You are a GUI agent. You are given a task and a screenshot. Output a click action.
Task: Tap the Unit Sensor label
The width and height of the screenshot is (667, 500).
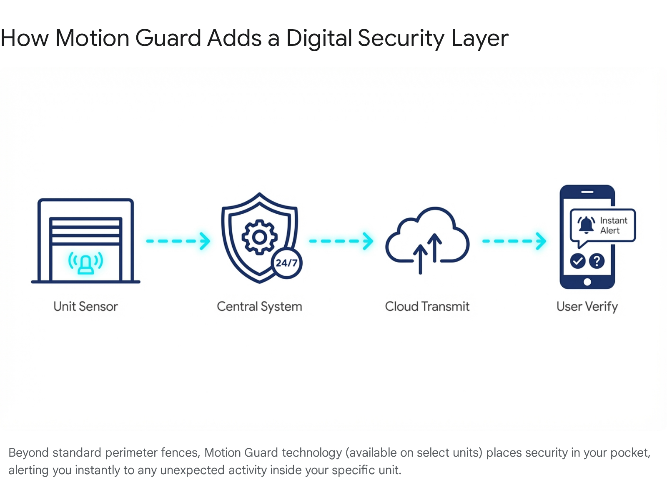(x=85, y=307)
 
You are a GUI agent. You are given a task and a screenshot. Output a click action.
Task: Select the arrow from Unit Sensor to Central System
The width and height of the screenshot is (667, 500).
(x=178, y=241)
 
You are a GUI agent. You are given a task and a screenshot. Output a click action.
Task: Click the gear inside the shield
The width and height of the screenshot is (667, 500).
(x=259, y=237)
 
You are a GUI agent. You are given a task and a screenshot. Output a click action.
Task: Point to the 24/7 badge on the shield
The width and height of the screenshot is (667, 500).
(x=287, y=263)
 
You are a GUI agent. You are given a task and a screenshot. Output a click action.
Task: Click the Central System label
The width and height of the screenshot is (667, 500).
(x=259, y=307)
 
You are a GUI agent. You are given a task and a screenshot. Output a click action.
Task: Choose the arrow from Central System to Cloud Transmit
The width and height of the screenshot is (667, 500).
(x=341, y=241)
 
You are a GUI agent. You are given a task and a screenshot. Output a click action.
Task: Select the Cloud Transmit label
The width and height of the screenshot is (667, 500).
(x=427, y=307)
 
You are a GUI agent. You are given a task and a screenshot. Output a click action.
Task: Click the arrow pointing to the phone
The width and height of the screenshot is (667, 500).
(x=514, y=241)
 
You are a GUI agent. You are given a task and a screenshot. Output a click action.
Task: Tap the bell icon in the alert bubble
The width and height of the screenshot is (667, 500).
(x=586, y=225)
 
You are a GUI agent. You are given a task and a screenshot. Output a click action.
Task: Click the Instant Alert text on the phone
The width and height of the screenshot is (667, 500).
(x=613, y=225)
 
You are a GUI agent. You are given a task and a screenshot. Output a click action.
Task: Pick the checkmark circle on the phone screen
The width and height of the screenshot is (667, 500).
(x=578, y=261)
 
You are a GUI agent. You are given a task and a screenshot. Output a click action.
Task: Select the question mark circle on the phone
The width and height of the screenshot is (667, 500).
(x=597, y=261)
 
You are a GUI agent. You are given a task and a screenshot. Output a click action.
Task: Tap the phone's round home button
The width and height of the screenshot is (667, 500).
(x=587, y=282)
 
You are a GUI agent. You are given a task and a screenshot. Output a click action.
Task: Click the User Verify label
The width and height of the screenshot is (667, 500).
(x=587, y=307)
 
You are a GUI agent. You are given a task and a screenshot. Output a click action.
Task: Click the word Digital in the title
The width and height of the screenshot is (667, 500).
(x=319, y=38)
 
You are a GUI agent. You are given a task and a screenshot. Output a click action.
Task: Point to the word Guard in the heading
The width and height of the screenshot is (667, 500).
(x=168, y=38)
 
